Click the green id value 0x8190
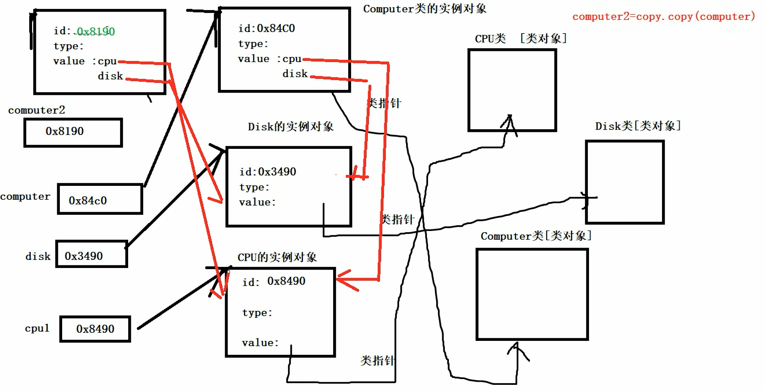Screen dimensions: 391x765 [96, 31]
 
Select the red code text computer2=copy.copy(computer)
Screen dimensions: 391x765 [663, 17]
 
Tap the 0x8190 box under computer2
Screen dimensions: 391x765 [73, 132]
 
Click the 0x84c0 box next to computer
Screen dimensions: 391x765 [100, 199]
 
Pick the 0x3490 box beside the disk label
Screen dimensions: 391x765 [91, 254]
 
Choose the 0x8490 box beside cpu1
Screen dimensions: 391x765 [95, 329]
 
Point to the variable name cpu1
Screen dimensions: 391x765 [37, 329]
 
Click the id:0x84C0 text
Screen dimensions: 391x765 [266, 29]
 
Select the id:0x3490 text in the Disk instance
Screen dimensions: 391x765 [267, 172]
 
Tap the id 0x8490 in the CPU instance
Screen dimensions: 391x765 [274, 281]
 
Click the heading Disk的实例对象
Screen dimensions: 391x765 [290, 126]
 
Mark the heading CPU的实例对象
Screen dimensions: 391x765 [277, 257]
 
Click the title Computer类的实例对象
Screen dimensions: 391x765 [425, 9]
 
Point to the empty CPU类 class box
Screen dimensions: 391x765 [512, 90]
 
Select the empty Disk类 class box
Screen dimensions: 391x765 [625, 182]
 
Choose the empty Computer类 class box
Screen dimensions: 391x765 [532, 294]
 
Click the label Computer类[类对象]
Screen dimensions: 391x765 [536, 236]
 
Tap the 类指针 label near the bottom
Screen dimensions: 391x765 [377, 361]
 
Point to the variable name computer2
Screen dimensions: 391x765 [37, 110]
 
